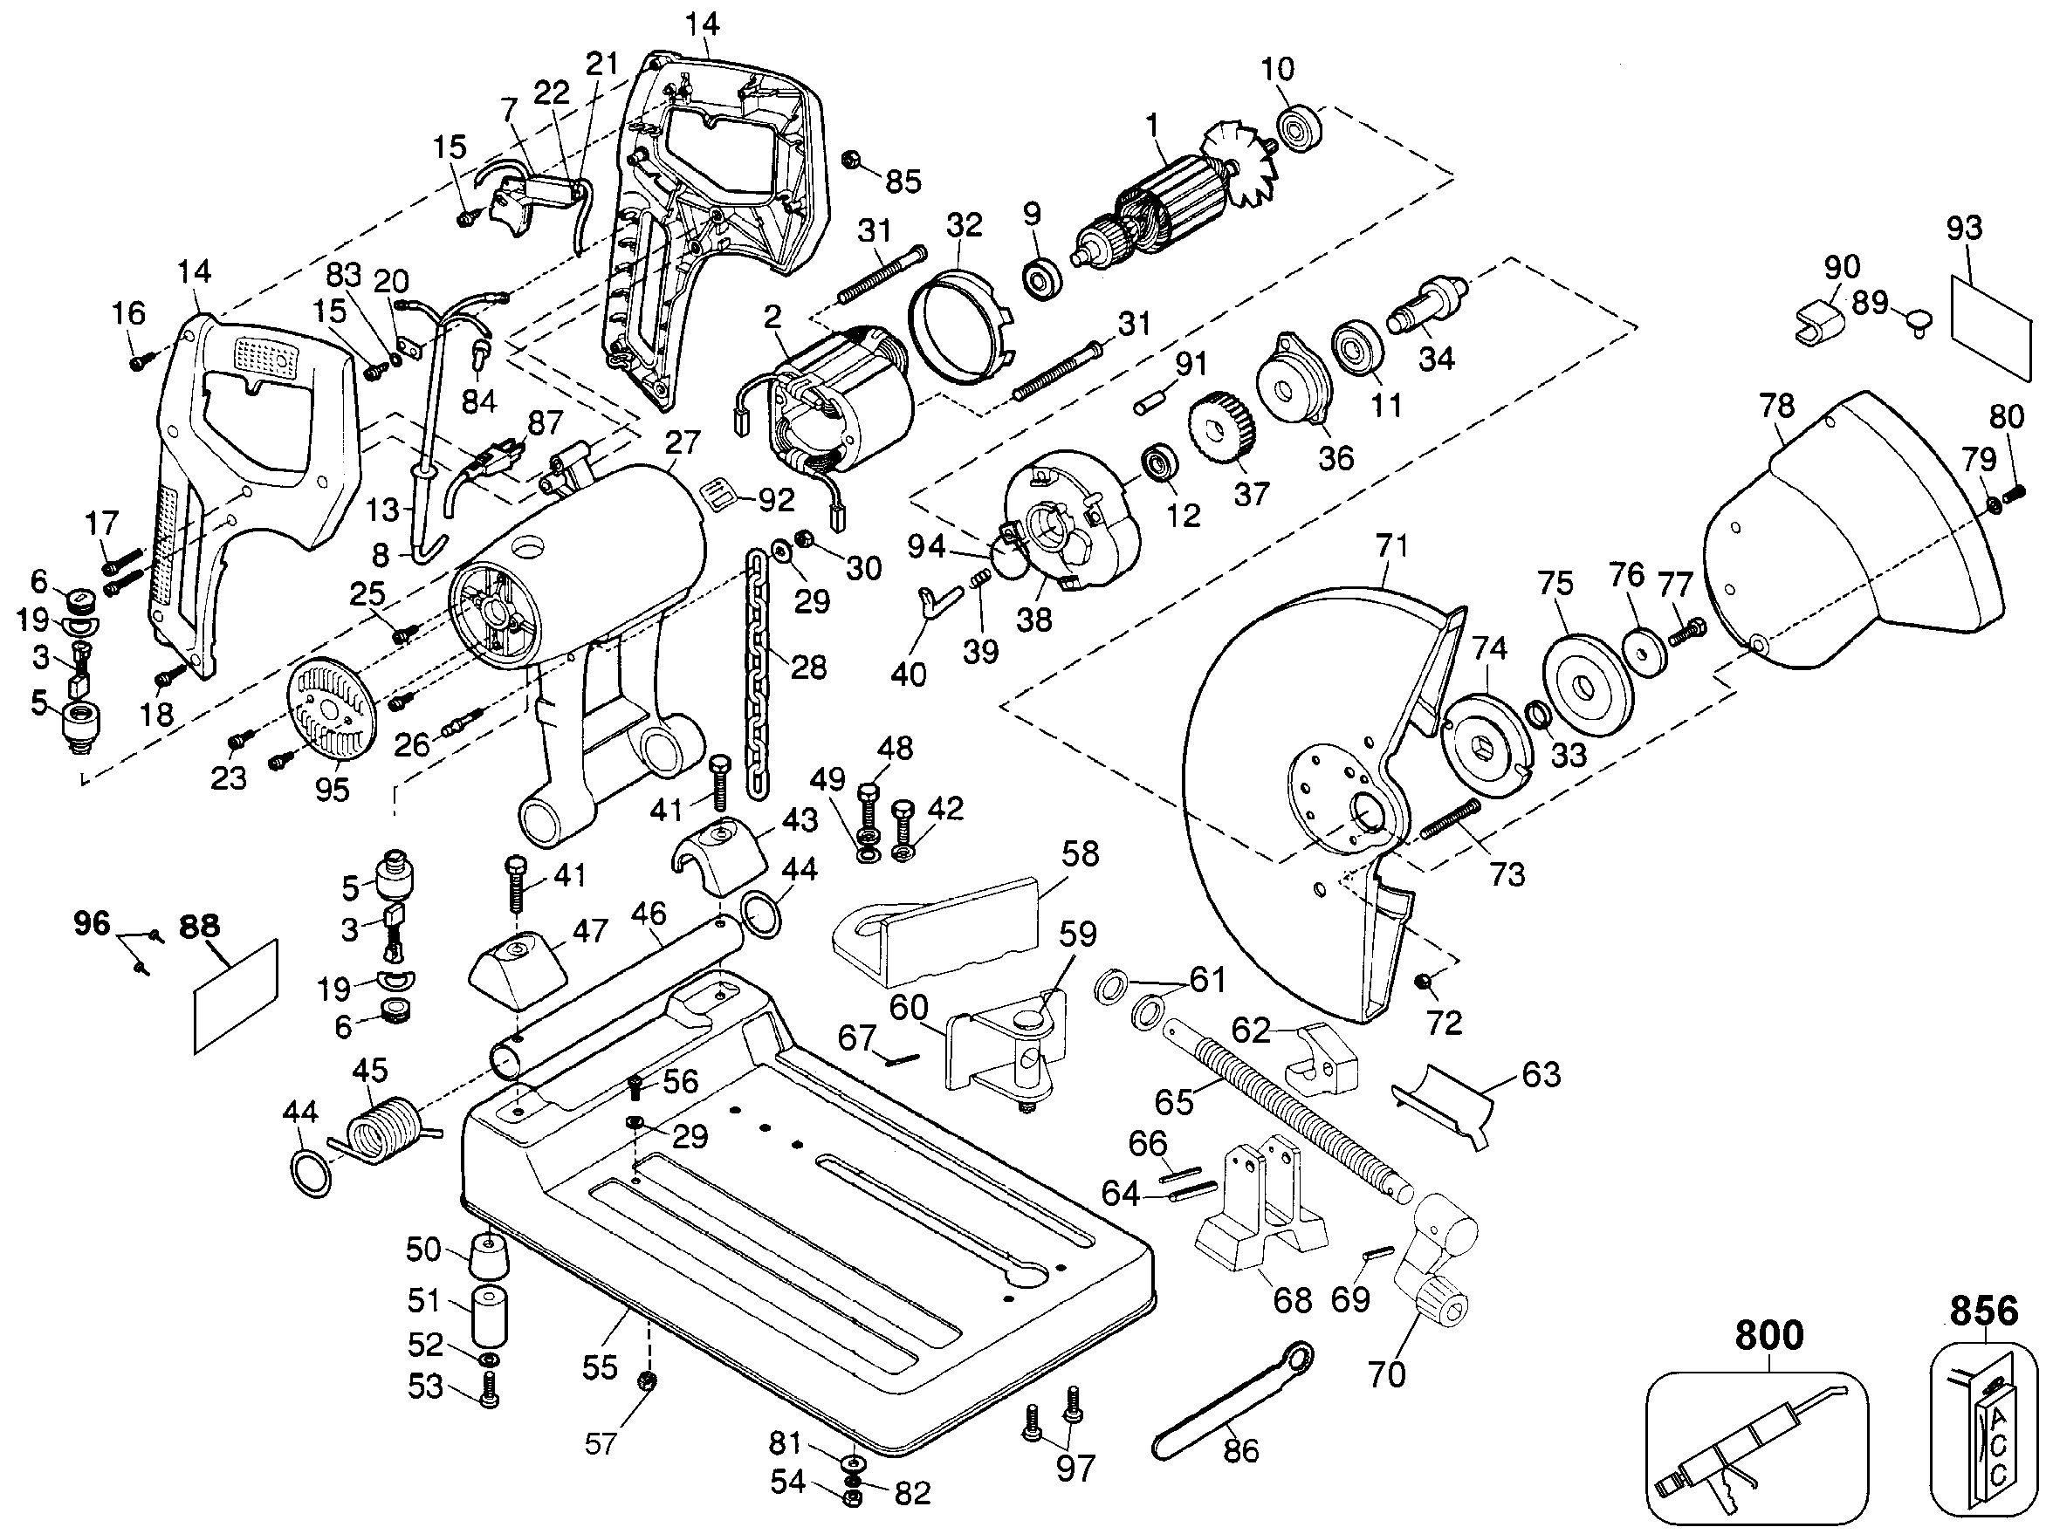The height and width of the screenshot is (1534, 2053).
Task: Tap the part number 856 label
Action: coord(1983,1311)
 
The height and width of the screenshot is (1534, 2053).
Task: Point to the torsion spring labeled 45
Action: coord(380,1128)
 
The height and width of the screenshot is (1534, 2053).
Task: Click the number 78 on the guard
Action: coord(1776,407)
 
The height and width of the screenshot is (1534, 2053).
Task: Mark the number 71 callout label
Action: coord(1391,545)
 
